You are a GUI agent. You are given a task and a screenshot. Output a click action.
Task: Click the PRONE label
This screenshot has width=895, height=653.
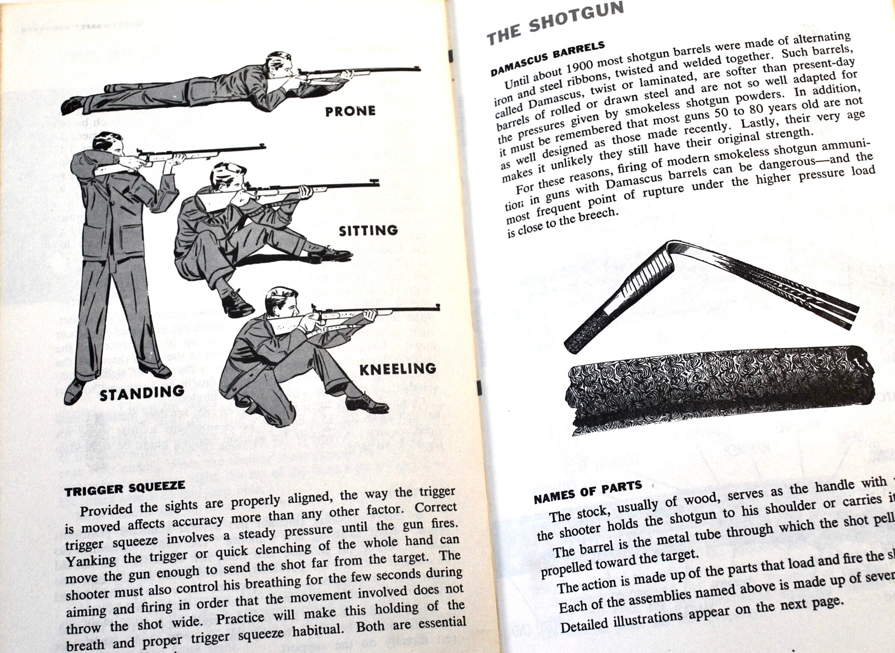(x=350, y=111)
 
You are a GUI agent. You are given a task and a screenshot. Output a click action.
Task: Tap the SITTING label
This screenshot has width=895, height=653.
(x=368, y=230)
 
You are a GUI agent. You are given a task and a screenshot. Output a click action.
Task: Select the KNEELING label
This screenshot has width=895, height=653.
(x=398, y=369)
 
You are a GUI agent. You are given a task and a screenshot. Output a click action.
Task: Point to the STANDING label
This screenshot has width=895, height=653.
(x=142, y=393)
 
